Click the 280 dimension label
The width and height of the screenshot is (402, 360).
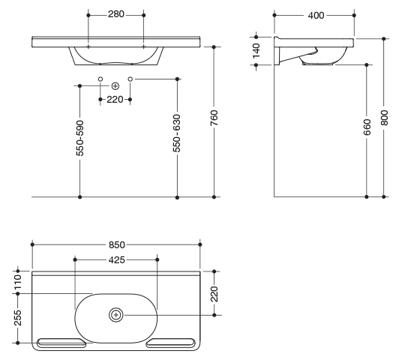pos(116,14)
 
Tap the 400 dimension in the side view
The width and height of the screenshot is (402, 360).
pos(316,16)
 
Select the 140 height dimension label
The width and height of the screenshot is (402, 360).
pos(256,51)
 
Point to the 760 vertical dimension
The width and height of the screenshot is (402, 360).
pos(214,118)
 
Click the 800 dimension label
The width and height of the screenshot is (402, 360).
pos(384,118)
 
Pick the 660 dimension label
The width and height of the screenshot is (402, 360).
pos(367,127)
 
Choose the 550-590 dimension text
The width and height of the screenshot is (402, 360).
pos(80,138)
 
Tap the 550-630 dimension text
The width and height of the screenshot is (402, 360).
pos(177,133)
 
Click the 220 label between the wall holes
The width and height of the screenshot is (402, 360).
pos(115,100)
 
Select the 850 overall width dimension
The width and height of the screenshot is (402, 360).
pos(117,244)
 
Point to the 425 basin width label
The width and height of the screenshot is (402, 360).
pos(117,260)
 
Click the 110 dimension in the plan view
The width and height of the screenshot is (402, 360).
pos(18,282)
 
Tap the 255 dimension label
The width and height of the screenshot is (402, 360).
pos(18,318)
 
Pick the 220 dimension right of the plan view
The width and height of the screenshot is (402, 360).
pos(214,294)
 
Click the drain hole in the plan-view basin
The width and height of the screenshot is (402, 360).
pos(116,315)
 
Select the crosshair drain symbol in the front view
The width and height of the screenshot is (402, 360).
pos(115,86)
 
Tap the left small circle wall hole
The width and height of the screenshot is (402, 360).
pos(100,79)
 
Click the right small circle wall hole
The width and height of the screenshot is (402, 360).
pos(130,79)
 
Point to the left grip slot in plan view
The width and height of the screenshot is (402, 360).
pos(61,343)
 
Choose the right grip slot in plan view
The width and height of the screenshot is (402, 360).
pos(171,343)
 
